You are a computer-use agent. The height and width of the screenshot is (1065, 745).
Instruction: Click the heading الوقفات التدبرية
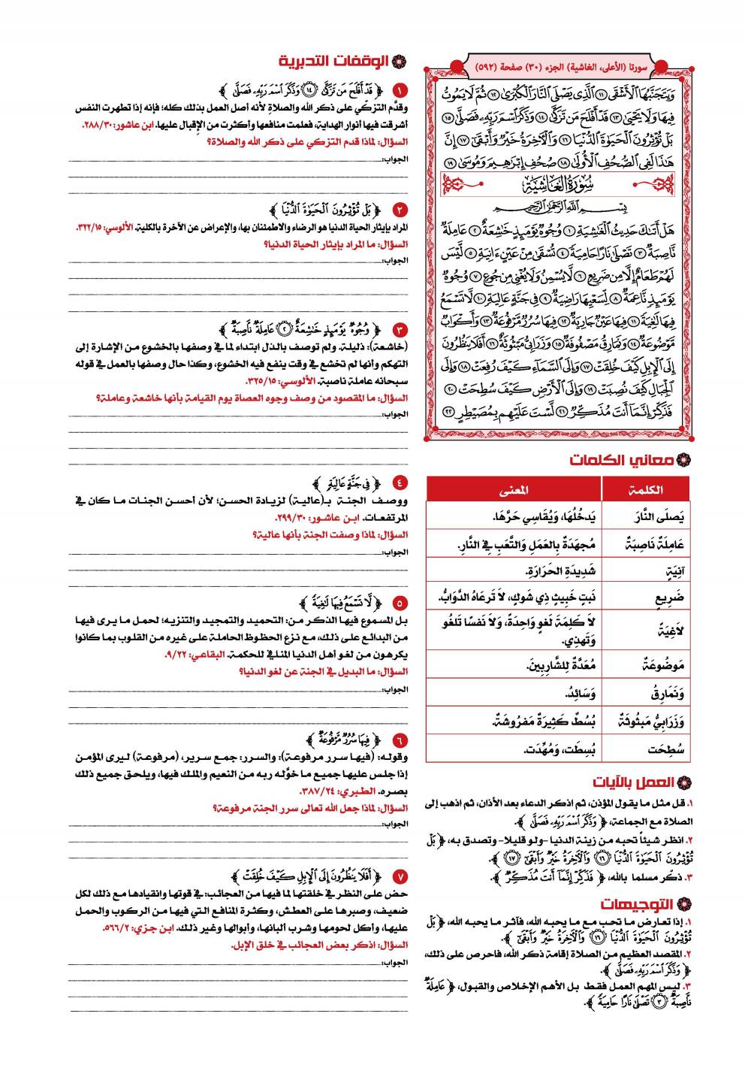click(x=334, y=61)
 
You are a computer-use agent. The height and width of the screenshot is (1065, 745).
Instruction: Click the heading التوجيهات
click(x=638, y=903)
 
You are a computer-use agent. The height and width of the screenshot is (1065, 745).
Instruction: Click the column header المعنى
click(x=514, y=490)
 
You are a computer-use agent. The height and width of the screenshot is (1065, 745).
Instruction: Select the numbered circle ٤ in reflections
click(x=400, y=483)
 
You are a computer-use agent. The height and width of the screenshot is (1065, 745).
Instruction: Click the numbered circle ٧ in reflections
click(x=400, y=876)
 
